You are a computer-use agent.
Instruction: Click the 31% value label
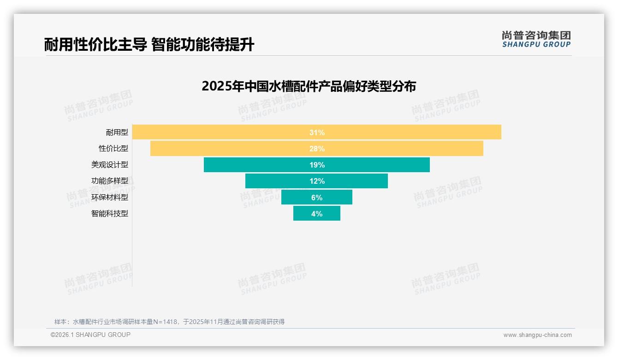317,132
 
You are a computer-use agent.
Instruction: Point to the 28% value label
317,149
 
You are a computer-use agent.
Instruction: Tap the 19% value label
317,165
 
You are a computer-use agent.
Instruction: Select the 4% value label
317,214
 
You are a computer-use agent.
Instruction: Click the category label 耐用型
117,132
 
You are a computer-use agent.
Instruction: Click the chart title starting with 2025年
309,86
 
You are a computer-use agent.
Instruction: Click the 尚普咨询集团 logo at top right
536,39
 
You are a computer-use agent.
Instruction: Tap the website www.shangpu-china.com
537,335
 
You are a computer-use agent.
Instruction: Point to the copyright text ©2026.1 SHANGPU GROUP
90,335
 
